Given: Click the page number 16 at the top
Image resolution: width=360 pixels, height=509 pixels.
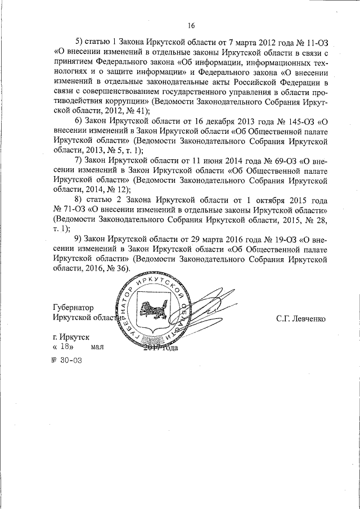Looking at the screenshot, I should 191,26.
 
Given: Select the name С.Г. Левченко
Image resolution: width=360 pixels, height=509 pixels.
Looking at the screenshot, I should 301,318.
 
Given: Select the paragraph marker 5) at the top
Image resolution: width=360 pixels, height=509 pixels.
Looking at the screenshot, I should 79,42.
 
